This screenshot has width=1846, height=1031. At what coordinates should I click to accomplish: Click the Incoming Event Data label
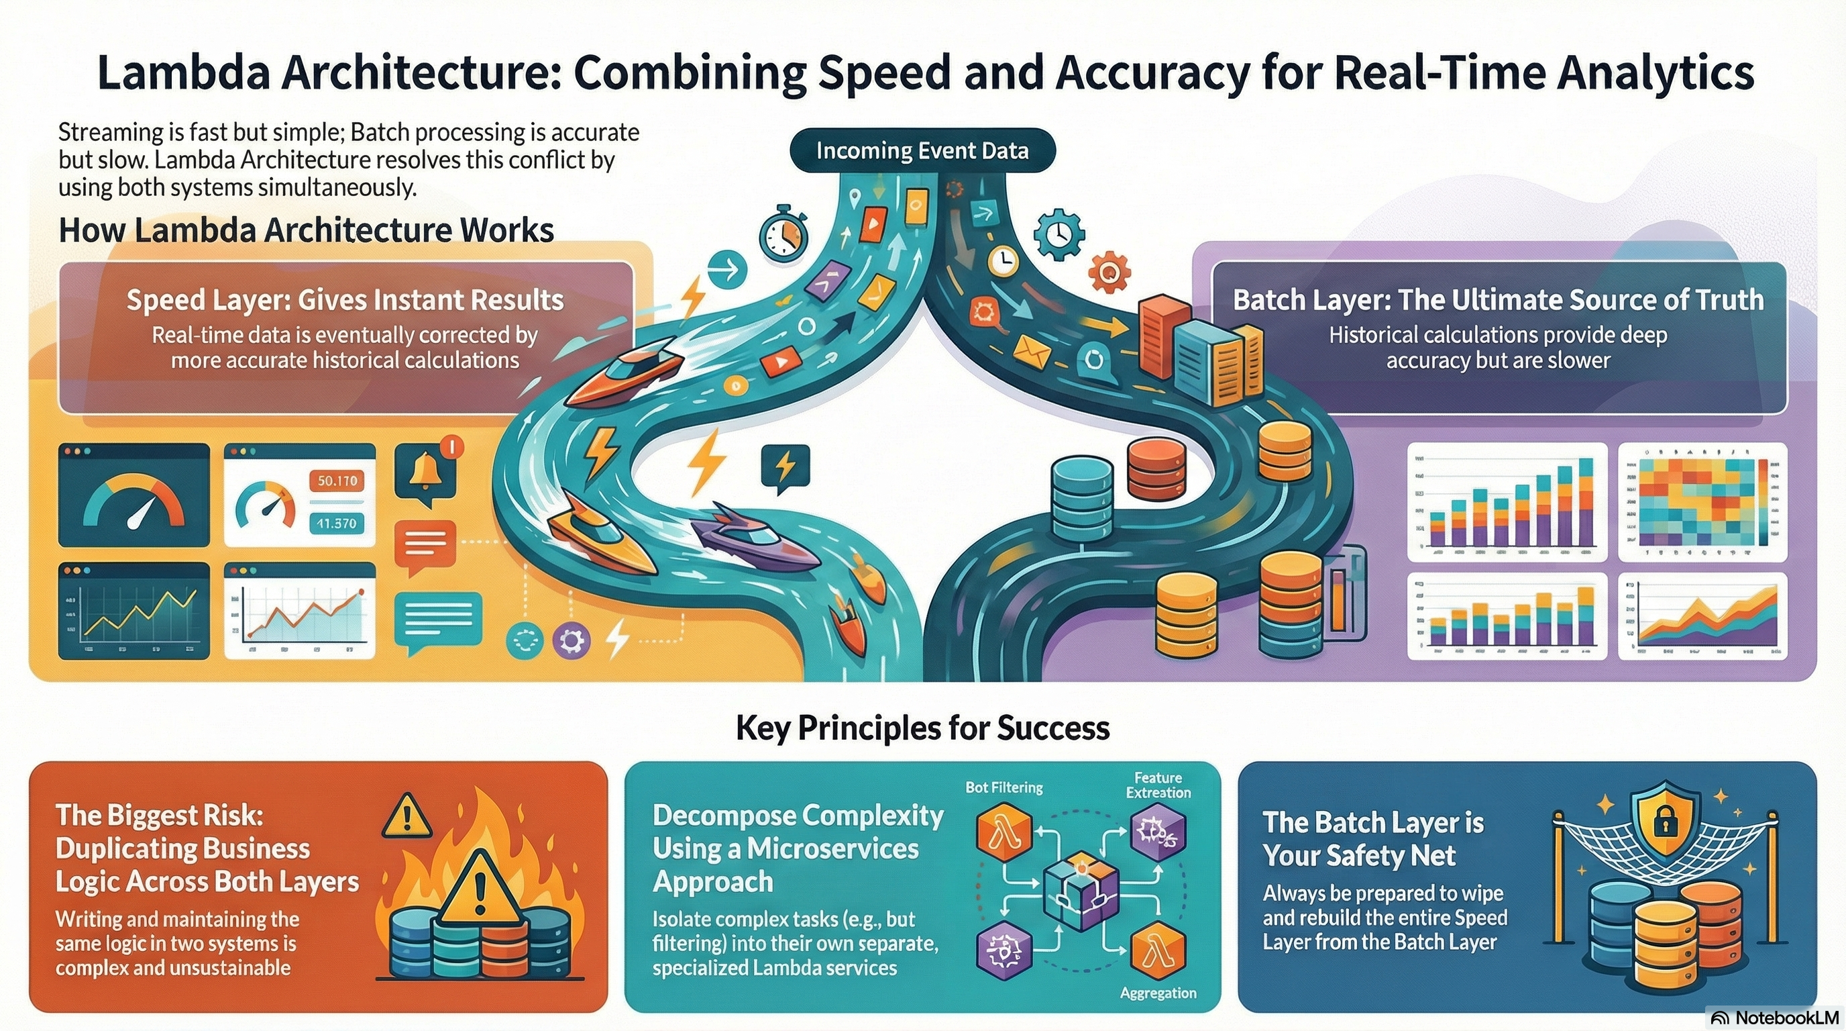pyautogui.click(x=922, y=151)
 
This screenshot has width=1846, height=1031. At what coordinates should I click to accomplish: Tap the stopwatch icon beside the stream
pyautogui.click(x=783, y=234)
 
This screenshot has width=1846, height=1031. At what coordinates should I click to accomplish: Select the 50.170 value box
pyautogui.click(x=337, y=481)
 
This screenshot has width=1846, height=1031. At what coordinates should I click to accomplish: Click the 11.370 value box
pyautogui.click(x=337, y=524)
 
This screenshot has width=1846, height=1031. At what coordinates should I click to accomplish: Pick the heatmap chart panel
pyautogui.click(x=1701, y=502)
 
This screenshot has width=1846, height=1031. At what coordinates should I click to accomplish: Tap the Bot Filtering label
pyautogui.click(x=1003, y=787)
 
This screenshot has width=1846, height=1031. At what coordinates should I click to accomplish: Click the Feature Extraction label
pyautogui.click(x=1158, y=785)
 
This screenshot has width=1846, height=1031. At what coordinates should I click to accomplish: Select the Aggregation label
pyautogui.click(x=1158, y=993)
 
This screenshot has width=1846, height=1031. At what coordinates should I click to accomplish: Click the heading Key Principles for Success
pyautogui.click(x=922, y=728)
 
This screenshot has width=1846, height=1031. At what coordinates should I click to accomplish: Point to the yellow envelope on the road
pyautogui.click(x=1031, y=351)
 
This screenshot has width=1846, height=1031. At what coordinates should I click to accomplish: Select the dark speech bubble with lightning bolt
pyautogui.click(x=785, y=466)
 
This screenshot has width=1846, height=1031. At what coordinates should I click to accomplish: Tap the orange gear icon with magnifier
pyautogui.click(x=1109, y=273)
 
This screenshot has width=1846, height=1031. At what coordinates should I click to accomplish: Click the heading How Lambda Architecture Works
pyautogui.click(x=306, y=230)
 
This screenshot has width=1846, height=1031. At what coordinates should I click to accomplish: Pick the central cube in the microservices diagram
pyautogui.click(x=1080, y=892)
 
